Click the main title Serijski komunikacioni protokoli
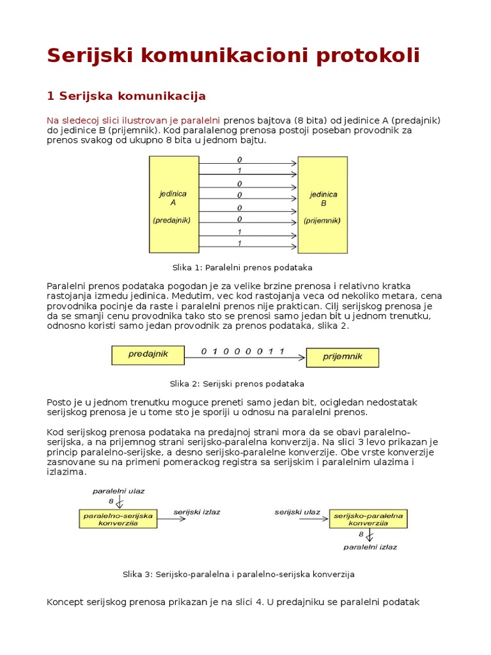[x=233, y=56]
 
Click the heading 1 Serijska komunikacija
[x=126, y=96]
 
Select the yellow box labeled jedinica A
[x=173, y=205]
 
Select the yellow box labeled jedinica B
[x=323, y=205]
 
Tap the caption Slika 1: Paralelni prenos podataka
[x=242, y=267]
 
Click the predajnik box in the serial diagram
[x=148, y=355]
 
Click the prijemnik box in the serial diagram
[x=342, y=357]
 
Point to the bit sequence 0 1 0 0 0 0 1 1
[x=242, y=351]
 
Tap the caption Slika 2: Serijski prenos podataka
[x=237, y=384]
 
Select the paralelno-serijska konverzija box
[x=118, y=518]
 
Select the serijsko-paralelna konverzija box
[x=368, y=518]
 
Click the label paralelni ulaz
[x=118, y=491]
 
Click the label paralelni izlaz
[x=370, y=547]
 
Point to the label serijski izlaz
[x=197, y=512]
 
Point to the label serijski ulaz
[x=297, y=512]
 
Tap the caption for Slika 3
[x=238, y=574]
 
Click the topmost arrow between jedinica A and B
[x=248, y=164]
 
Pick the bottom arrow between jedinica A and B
[x=248, y=249]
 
